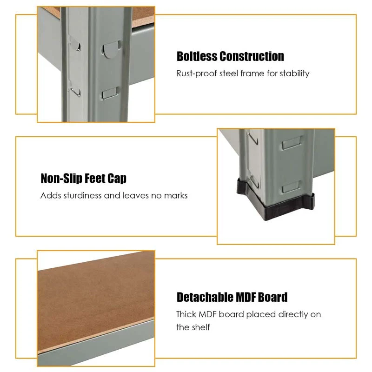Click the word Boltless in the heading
[197, 56]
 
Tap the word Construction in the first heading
[252, 56]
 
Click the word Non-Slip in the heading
[62, 179]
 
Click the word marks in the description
[176, 195]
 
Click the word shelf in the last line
[201, 327]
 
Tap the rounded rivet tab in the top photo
[111, 49]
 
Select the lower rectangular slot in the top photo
[110, 93]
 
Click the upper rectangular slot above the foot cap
[292, 142]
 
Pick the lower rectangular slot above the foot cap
[292, 186]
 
